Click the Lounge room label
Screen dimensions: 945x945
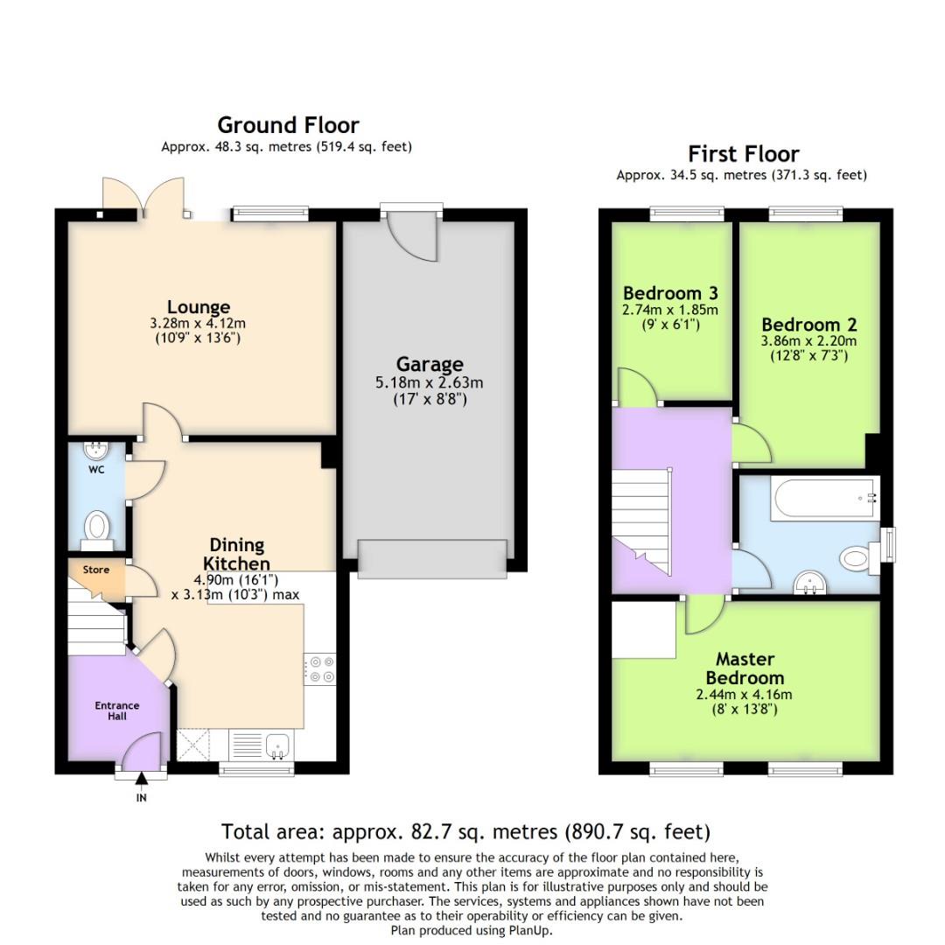(x=199, y=307)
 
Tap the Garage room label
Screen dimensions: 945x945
(x=429, y=364)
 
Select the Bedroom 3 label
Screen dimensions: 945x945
(x=670, y=293)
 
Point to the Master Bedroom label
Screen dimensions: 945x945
(x=745, y=668)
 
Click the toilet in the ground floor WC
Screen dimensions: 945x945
(x=96, y=528)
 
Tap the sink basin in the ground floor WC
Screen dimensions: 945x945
(x=94, y=451)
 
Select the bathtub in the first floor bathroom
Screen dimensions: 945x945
(x=823, y=498)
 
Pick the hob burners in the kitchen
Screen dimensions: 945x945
(x=321, y=669)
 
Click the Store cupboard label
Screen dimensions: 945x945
(x=96, y=570)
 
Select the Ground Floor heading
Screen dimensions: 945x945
(x=288, y=125)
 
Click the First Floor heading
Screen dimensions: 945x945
(x=743, y=154)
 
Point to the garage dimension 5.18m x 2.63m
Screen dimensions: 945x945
(x=429, y=382)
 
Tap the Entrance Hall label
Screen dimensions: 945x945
(x=117, y=710)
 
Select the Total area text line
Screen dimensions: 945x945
(x=465, y=831)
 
